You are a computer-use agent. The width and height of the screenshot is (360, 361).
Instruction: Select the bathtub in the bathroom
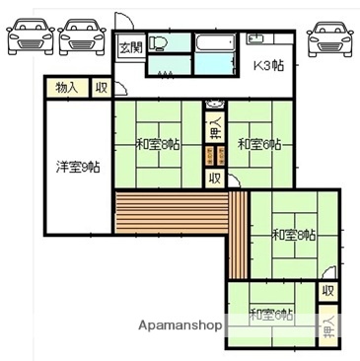(x=213, y=44)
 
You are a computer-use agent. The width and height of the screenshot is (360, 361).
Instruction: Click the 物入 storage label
(x=67, y=87)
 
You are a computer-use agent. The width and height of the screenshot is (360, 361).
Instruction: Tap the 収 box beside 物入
(x=101, y=87)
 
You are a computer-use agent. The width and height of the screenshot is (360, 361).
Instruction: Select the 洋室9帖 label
(x=75, y=167)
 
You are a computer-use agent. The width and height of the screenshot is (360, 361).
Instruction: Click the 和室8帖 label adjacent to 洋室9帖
(x=157, y=145)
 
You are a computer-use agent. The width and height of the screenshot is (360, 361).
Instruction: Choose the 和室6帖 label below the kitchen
(x=259, y=145)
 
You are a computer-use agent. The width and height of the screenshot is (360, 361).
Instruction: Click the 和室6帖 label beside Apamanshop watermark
(x=270, y=315)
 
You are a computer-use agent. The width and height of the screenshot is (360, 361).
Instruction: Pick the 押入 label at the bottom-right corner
(x=328, y=324)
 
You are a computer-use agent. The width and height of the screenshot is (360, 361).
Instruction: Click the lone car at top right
(x=329, y=36)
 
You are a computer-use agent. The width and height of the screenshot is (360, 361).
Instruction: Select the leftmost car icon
(x=30, y=36)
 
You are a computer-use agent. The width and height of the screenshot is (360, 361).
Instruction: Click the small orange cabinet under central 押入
(x=213, y=156)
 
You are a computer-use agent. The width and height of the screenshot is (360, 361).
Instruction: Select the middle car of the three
(x=81, y=36)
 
